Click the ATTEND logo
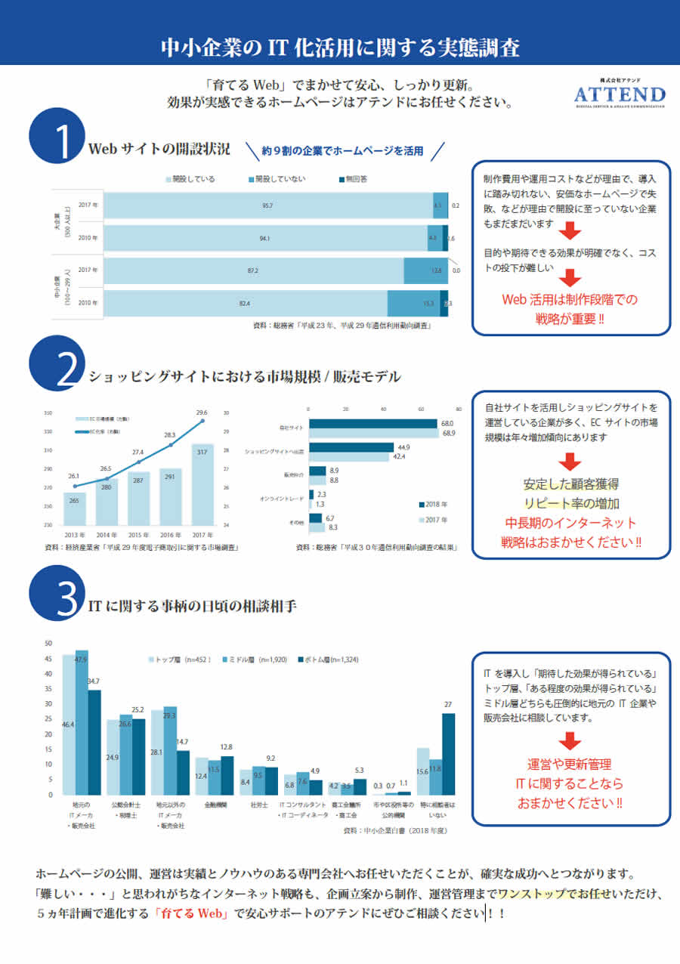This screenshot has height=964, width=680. pos(620,94)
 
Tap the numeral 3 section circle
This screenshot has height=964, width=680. pos(61,597)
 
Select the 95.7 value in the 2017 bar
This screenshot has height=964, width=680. pos(267,205)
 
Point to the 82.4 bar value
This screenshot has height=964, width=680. pos(245,303)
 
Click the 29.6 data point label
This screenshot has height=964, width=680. pos(202,412)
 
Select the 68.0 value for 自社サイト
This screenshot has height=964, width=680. pos(447,423)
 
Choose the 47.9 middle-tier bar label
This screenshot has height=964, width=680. pos(82,659)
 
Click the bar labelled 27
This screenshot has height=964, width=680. pos(448,753)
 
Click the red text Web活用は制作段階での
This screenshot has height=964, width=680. pos(571,299)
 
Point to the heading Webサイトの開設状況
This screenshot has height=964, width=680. pos(159,147)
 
